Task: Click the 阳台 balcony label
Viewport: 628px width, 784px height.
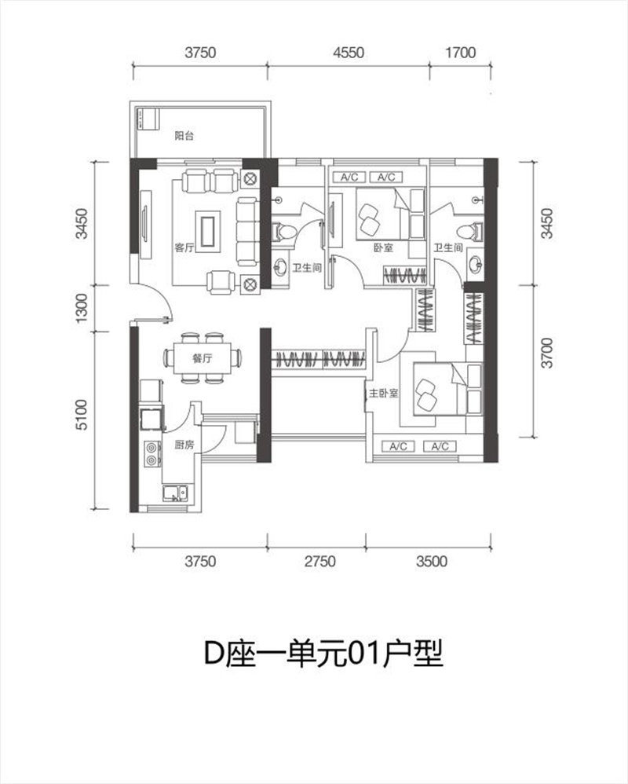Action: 184,135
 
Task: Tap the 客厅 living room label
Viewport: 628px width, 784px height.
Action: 184,247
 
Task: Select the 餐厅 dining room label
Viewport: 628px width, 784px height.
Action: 203,358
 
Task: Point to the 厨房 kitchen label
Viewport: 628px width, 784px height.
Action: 184,445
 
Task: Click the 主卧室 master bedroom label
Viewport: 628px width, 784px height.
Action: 384,394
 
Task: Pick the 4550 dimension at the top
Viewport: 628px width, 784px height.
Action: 349,52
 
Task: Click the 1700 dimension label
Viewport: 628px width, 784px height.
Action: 460,52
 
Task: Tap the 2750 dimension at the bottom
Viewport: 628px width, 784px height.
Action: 320,561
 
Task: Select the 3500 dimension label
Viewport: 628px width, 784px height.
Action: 432,561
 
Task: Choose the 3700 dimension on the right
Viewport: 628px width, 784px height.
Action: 548,353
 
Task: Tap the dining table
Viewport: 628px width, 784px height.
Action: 203,358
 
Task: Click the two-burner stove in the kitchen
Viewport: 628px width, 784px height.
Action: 152,453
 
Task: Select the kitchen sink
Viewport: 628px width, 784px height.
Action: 175,493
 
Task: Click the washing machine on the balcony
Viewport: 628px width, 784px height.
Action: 148,119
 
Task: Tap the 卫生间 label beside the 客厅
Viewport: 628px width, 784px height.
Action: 307,268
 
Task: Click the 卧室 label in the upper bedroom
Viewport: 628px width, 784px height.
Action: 383,247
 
